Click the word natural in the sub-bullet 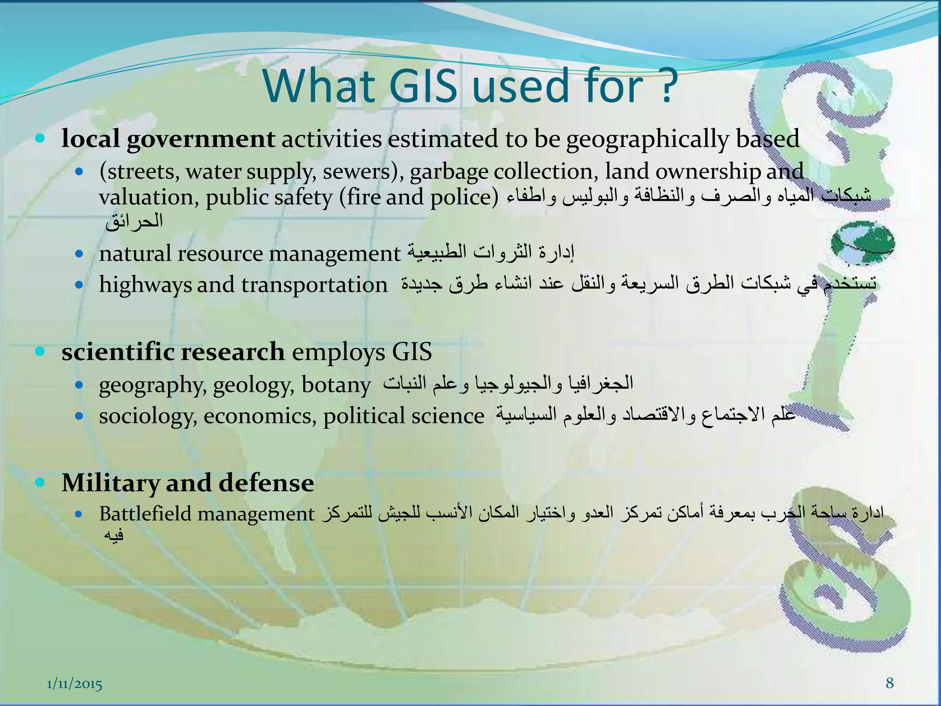135,254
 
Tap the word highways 145,285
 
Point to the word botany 336,385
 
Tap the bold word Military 110,483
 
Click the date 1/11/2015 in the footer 74,685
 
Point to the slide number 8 890,683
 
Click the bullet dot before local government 40,138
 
